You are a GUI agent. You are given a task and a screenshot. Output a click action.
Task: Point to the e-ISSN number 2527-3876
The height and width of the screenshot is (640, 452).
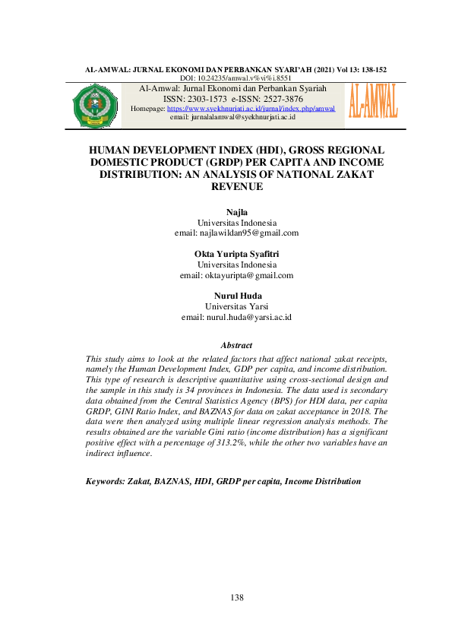pos(277,99)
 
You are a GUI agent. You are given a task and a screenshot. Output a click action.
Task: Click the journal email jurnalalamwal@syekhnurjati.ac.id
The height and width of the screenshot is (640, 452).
pos(233,117)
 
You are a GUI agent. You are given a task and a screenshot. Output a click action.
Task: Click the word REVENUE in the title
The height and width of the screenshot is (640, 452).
pos(236,185)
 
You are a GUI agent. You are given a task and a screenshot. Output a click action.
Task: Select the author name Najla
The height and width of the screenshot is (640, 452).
pos(236,211)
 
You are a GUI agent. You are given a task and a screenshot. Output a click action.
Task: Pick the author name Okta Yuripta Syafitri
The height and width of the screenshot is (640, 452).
pos(236,253)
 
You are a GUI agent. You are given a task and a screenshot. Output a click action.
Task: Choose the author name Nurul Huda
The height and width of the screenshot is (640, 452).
pos(236,296)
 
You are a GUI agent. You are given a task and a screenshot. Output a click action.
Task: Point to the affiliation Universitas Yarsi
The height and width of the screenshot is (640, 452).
pos(236,306)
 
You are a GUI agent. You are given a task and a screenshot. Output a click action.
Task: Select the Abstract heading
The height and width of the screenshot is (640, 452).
pos(236,346)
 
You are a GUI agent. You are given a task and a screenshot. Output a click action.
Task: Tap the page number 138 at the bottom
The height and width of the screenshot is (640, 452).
pos(236,598)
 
